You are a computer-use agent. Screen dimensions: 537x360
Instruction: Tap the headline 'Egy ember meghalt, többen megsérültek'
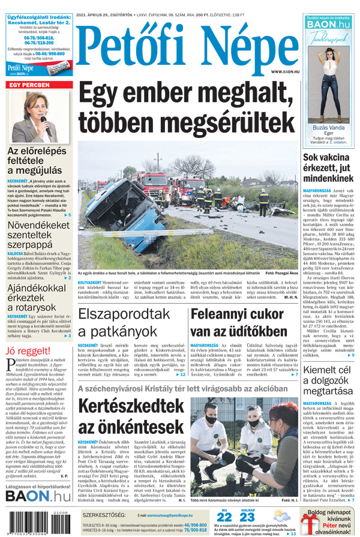(186, 108)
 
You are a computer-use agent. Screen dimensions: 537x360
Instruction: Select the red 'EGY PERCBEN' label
(28, 86)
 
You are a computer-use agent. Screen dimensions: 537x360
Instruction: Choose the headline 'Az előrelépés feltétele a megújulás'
(37, 161)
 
